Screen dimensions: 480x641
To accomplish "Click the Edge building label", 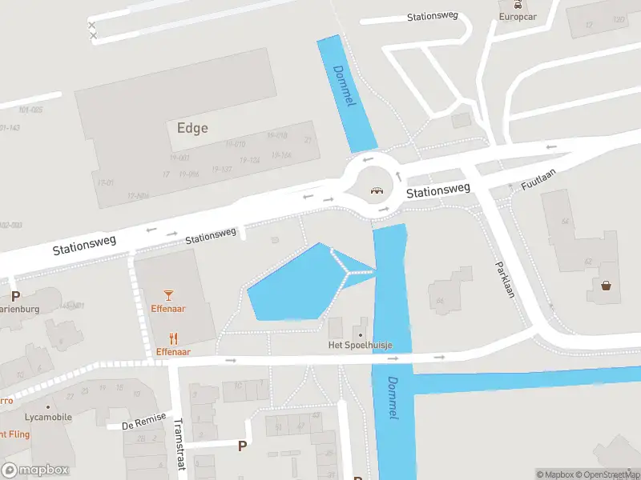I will tap(191, 128).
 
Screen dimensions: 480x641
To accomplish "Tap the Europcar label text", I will tap(517, 16).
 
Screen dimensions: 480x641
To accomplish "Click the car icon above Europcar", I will tap(518, 4).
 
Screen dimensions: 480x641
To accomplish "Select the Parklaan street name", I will tap(505, 279).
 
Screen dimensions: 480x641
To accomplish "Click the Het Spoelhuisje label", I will tap(361, 346).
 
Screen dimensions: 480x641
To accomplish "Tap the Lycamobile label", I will tap(48, 417).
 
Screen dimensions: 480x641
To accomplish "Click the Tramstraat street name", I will tap(179, 444).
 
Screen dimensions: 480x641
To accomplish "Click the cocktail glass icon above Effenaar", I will tap(168, 296).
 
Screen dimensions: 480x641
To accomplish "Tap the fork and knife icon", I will tap(172, 338).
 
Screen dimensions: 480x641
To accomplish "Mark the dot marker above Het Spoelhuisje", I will tap(361, 334).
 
